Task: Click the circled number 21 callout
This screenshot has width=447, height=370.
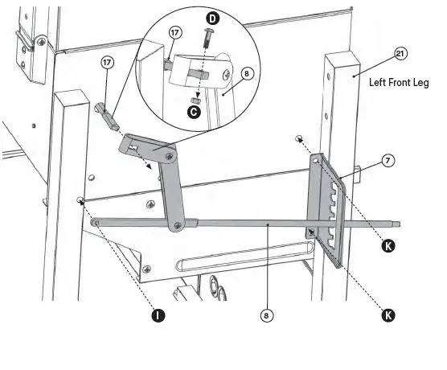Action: click(400, 54)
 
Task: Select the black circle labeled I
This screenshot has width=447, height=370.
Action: click(158, 315)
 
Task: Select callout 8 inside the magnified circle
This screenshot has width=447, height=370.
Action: click(248, 73)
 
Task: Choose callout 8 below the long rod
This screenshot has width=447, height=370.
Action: click(266, 315)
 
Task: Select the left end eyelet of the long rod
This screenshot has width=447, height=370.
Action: click(95, 222)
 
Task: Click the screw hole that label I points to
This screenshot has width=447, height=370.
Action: click(80, 200)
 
